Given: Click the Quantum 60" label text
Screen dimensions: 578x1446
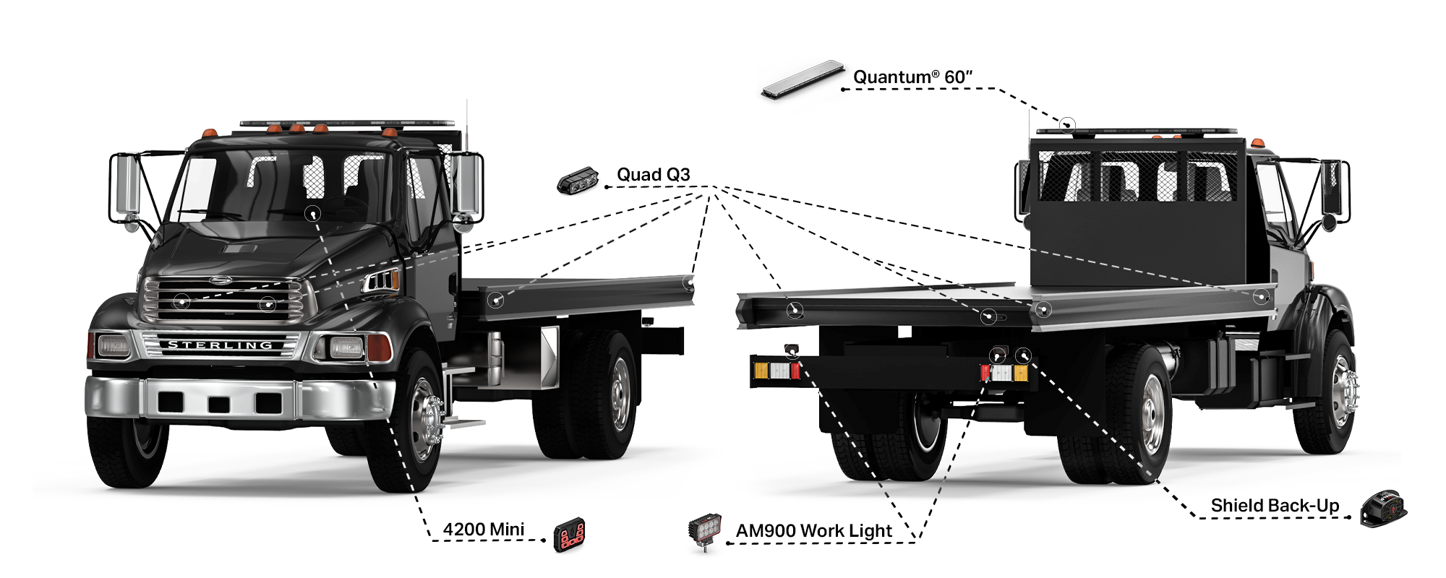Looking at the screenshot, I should [x=912, y=77].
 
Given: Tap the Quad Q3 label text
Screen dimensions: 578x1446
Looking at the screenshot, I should [x=653, y=174].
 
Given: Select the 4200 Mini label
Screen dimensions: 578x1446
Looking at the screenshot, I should [x=483, y=530].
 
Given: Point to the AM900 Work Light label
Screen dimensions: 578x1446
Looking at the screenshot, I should [x=813, y=531].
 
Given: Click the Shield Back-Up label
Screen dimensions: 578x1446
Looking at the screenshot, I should [x=1275, y=506].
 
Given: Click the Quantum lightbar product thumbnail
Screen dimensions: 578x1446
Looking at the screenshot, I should [x=803, y=79].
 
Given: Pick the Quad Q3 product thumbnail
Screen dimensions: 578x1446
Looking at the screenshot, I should [x=578, y=179].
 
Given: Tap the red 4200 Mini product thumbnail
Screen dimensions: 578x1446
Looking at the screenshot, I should [x=569, y=535].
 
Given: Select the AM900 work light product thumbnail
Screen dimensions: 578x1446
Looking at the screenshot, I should [x=705, y=531].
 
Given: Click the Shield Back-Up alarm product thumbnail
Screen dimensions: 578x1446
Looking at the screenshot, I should [x=1382, y=509].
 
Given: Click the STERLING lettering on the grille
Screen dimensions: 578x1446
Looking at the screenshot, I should [x=220, y=345].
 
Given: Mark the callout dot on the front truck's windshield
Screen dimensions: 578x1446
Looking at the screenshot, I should [x=312, y=213].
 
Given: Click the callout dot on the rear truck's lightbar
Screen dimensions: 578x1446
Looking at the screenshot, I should [x=1067, y=125].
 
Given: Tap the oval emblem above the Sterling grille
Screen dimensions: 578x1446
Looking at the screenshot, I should [x=221, y=280].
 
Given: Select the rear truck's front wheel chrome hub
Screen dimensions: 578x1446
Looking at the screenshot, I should [x=1340, y=390].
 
